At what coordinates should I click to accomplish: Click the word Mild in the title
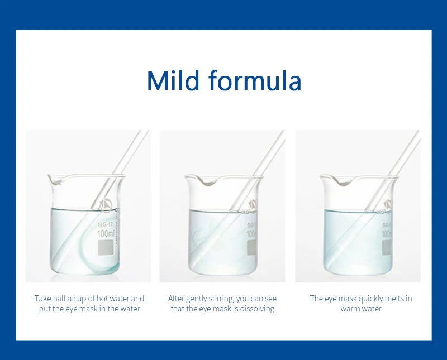point(173,80)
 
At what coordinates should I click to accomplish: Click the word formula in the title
point(255,80)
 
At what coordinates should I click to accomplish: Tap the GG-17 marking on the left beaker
point(106,225)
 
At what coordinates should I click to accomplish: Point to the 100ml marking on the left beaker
point(106,233)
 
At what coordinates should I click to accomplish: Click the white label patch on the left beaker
point(106,247)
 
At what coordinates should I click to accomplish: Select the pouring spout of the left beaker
point(54,180)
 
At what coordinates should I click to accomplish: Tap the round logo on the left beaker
point(106,204)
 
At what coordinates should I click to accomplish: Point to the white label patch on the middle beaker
point(251,247)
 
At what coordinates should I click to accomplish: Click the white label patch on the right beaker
point(387,247)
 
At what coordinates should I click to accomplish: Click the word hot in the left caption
point(102,299)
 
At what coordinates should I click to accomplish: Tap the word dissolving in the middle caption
point(257,309)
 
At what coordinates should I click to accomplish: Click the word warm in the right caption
point(350,309)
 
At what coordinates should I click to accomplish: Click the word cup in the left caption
point(80,299)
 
